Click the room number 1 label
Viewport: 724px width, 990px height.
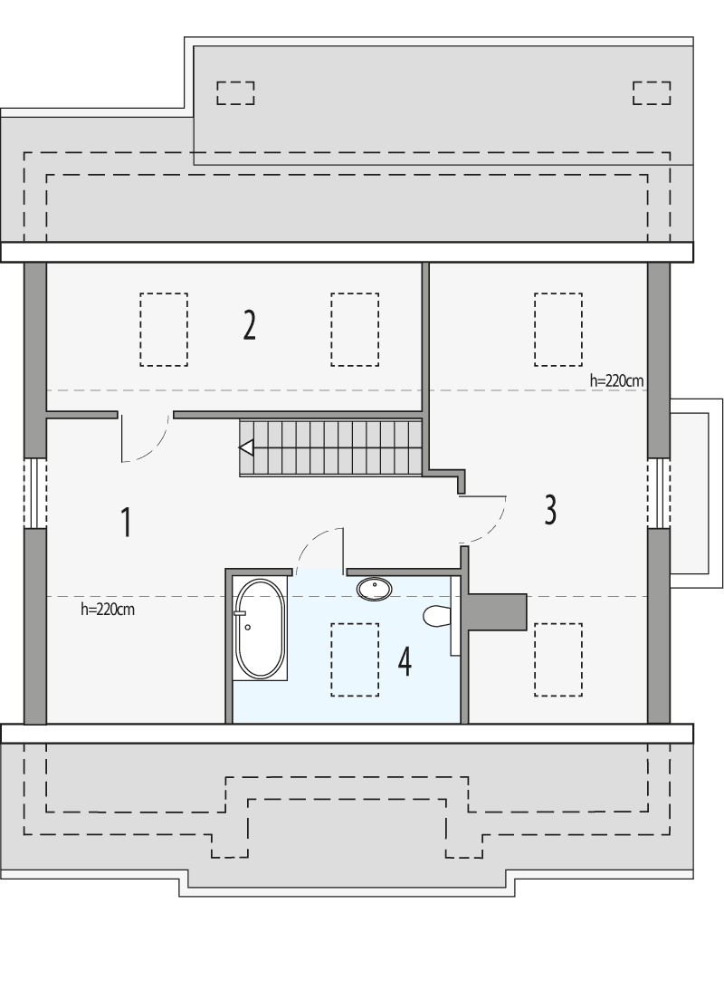tap(127, 522)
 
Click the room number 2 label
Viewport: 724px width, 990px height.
tap(249, 324)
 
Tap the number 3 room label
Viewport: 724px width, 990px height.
tap(550, 510)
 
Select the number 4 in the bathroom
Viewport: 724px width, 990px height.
tap(405, 662)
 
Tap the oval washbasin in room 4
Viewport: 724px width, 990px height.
tap(375, 589)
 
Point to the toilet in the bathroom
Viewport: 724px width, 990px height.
tap(436, 617)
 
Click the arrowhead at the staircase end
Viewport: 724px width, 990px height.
tap(245, 447)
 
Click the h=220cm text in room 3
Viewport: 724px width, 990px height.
tap(616, 381)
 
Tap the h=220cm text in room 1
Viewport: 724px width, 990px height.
tap(108, 610)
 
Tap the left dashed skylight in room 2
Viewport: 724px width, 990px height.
tap(164, 330)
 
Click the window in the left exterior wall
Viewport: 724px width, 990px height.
tap(34, 493)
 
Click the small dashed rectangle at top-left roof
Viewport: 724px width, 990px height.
tap(235, 92)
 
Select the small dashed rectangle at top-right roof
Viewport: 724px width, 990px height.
tap(652, 92)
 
